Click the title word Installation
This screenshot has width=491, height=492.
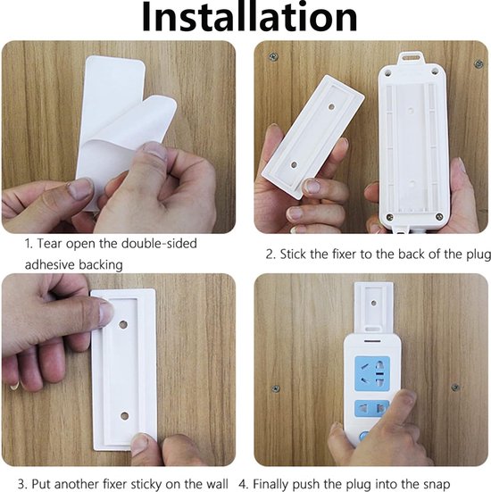pos(245,18)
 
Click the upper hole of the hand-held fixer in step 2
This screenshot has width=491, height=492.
pos(329,104)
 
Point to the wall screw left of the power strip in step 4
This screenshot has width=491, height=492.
pos(276,388)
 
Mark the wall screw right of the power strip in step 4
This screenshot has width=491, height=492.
pos(454,388)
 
